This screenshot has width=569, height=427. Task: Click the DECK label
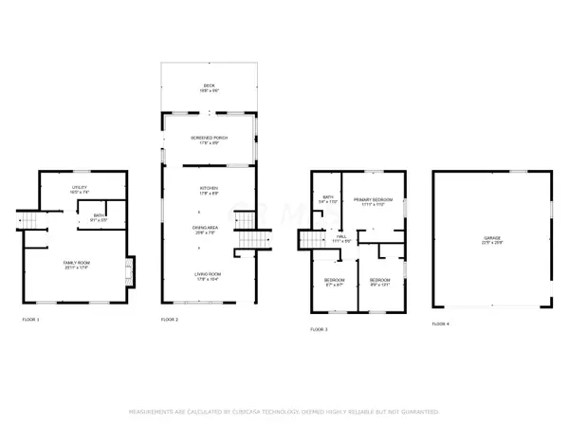coord(210,86)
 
